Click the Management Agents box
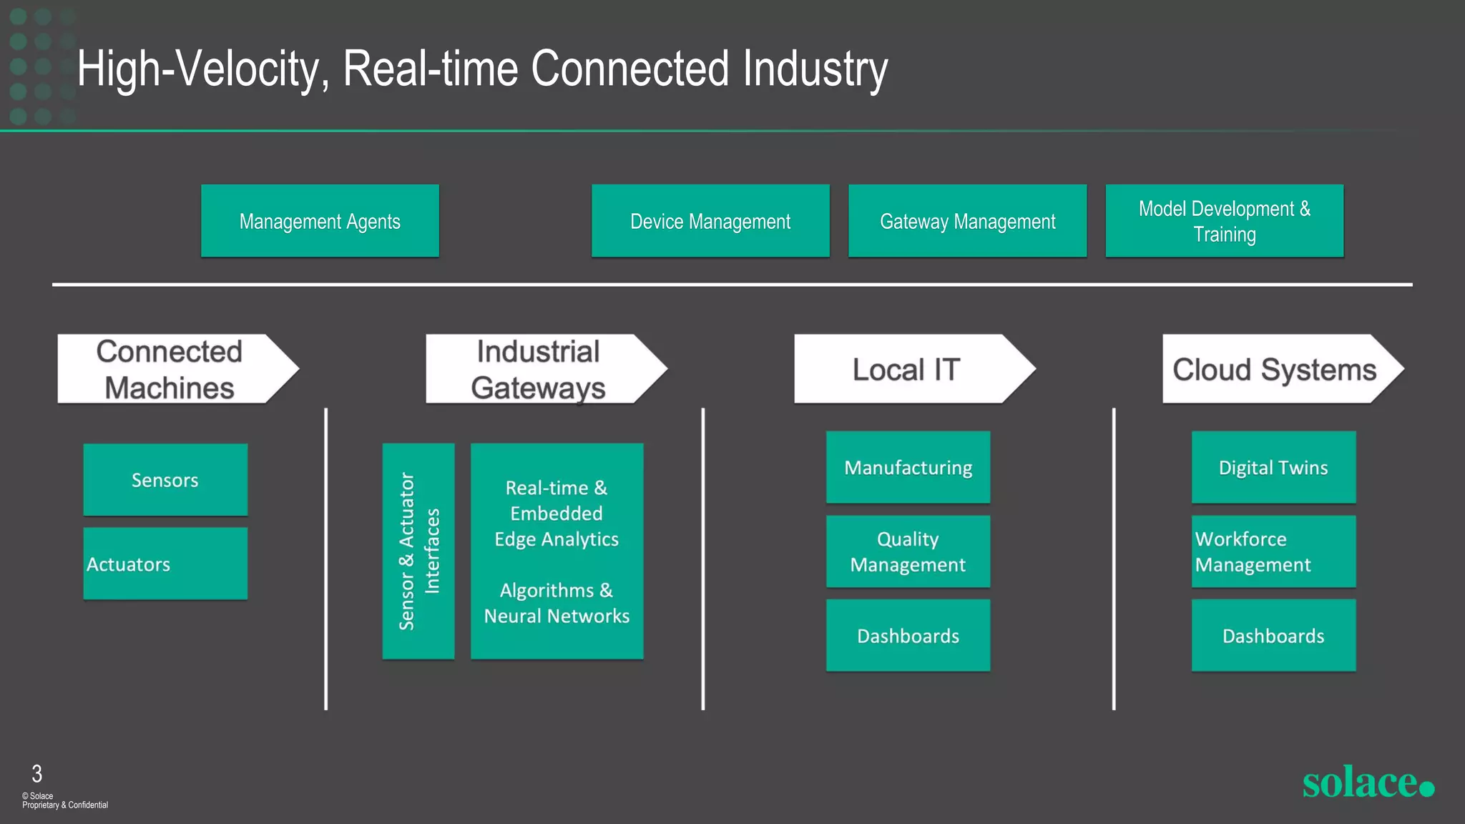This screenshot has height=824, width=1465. (x=320, y=221)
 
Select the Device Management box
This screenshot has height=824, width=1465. (x=710, y=221)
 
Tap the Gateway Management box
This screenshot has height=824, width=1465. (x=967, y=221)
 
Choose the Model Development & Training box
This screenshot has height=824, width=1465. (x=1224, y=221)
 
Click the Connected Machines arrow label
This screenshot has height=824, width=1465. (x=170, y=369)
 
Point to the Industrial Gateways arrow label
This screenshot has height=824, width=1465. (x=539, y=369)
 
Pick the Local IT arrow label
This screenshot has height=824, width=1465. (x=906, y=369)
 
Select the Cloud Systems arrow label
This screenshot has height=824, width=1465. (x=1275, y=369)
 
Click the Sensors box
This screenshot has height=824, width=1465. (x=165, y=480)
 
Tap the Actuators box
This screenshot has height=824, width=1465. (x=165, y=564)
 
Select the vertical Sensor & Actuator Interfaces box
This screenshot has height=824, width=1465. (x=418, y=551)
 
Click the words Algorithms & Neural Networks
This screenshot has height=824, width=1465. (x=557, y=603)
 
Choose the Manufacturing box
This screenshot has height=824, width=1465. (x=908, y=467)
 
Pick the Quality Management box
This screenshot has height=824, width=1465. (x=908, y=551)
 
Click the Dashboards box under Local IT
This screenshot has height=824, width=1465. (x=908, y=635)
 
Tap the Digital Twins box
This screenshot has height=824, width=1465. (x=1273, y=467)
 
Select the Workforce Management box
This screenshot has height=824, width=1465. (x=1273, y=551)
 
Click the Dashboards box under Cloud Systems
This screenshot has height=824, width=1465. (x=1273, y=635)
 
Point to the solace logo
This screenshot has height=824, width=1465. (x=1367, y=782)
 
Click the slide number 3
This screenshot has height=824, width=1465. (x=37, y=773)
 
